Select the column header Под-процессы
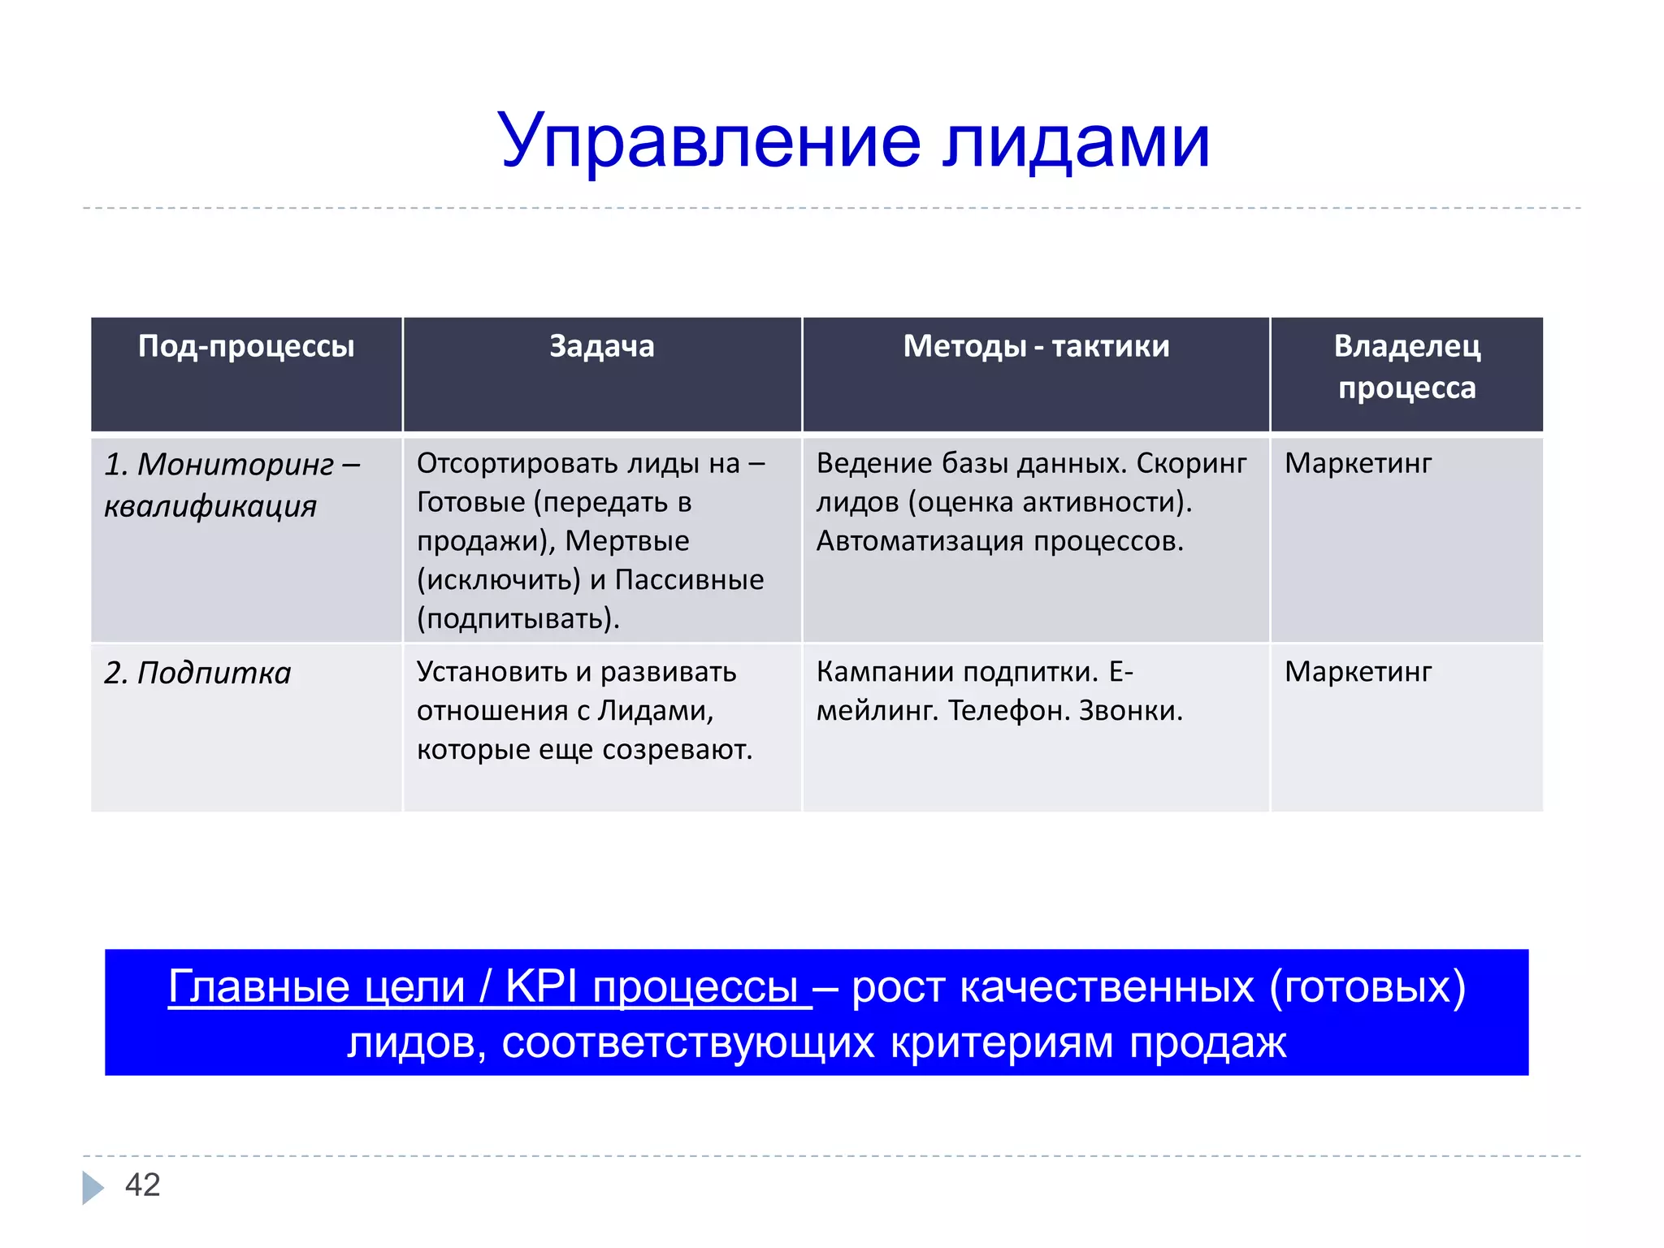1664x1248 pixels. (x=246, y=347)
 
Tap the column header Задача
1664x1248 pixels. (x=601, y=347)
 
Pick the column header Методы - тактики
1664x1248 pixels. (x=1036, y=347)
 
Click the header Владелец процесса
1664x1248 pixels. (x=1406, y=367)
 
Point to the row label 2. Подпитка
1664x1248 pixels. (x=197, y=674)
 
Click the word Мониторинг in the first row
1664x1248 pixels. (x=236, y=465)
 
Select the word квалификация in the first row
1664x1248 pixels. (x=210, y=506)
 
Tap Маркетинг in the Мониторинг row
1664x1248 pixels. (x=1358, y=464)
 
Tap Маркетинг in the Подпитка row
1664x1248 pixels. (x=1358, y=672)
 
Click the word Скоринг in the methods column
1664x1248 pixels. (x=1191, y=464)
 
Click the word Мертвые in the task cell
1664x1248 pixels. (x=626, y=541)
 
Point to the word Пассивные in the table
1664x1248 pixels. (x=689, y=580)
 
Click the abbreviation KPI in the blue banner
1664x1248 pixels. (x=540, y=987)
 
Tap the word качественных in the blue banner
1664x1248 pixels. (x=1107, y=987)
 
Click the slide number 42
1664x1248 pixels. (x=142, y=1185)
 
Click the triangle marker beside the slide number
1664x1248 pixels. (x=92, y=1187)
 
